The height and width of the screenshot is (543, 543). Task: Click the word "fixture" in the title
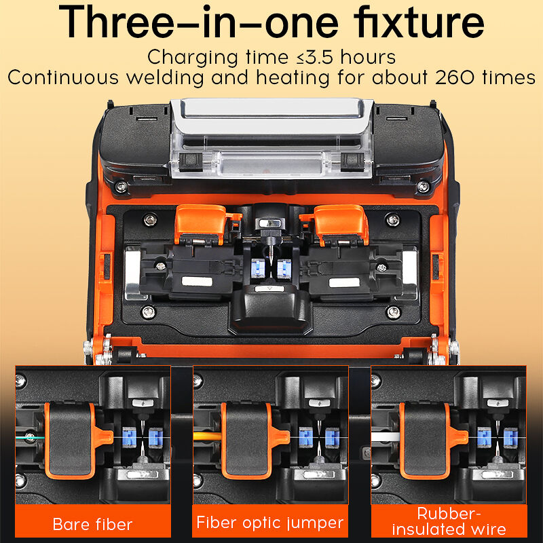(x=419, y=22)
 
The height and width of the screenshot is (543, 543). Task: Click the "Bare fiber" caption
(x=92, y=524)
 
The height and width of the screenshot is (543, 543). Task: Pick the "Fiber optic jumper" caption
(x=269, y=523)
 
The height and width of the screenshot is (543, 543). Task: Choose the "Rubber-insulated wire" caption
(x=449, y=521)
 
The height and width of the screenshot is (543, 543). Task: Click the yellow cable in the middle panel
(x=207, y=436)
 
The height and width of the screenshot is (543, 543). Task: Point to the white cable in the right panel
(x=386, y=436)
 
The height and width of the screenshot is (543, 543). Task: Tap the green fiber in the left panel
(x=30, y=438)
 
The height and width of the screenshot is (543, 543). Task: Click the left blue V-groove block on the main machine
(x=258, y=267)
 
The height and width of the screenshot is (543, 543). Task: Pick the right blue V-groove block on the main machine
(x=284, y=268)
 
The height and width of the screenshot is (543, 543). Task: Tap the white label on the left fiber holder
(x=197, y=282)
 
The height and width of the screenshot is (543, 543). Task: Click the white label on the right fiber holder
(x=344, y=282)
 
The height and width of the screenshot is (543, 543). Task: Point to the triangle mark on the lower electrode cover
(x=270, y=288)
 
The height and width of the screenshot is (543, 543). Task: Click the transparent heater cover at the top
(x=272, y=138)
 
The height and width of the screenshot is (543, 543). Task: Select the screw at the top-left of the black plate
(x=150, y=219)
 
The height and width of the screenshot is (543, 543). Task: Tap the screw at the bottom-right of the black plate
(x=394, y=313)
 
